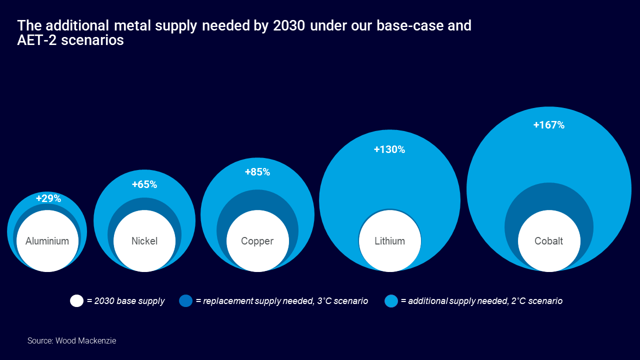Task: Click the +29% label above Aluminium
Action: coord(48,198)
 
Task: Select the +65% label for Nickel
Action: coord(144,184)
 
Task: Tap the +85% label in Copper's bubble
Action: coord(257,172)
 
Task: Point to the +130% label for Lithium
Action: coord(389,149)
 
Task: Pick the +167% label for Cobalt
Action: coord(548,125)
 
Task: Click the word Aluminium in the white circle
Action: coord(47,241)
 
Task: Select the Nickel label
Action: coord(144,241)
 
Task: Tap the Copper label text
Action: coord(257,241)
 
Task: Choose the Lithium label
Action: coord(389,241)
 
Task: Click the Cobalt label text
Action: coord(548,241)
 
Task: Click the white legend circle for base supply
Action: coord(76,301)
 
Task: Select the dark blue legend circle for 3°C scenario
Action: coord(185,301)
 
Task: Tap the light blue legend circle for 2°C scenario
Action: coord(391,301)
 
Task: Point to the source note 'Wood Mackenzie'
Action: coord(85,341)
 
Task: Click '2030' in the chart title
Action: coord(289,25)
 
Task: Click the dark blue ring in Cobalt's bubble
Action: coord(548,197)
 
